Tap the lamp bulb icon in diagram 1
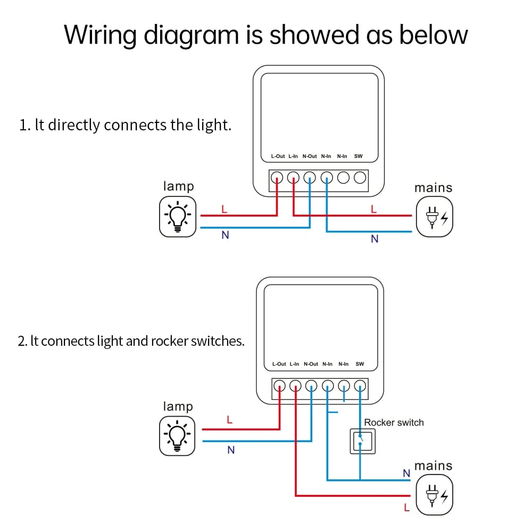click(178, 217)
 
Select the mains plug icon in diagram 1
click(434, 217)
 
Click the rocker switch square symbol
click(362, 441)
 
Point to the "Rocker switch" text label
click(394, 422)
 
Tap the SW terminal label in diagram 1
click(358, 156)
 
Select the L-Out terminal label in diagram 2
click(279, 364)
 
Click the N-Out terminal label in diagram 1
click(310, 156)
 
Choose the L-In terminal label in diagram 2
click(295, 364)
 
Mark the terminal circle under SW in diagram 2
click(361, 386)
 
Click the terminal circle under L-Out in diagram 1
click(277, 178)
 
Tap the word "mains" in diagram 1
click(433, 188)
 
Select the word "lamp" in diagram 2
click(178, 406)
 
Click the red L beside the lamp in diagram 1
click(224, 209)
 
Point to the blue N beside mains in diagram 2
click(406, 473)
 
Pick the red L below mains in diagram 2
click(407, 508)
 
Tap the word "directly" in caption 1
click(74, 126)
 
